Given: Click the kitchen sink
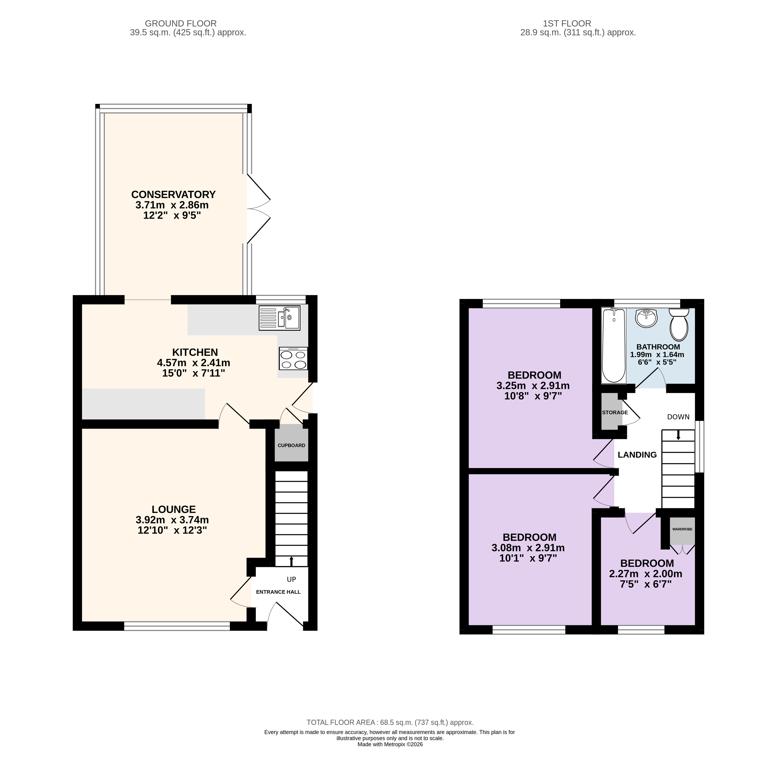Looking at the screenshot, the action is click(280, 318).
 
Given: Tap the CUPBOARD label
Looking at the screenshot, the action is click(292, 445).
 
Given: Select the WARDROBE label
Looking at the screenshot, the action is click(683, 529).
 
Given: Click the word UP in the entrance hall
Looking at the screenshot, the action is click(292, 579).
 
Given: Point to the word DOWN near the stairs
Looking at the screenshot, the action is click(678, 417).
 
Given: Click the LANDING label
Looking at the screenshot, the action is click(637, 455).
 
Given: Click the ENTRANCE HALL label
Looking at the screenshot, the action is click(278, 592).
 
